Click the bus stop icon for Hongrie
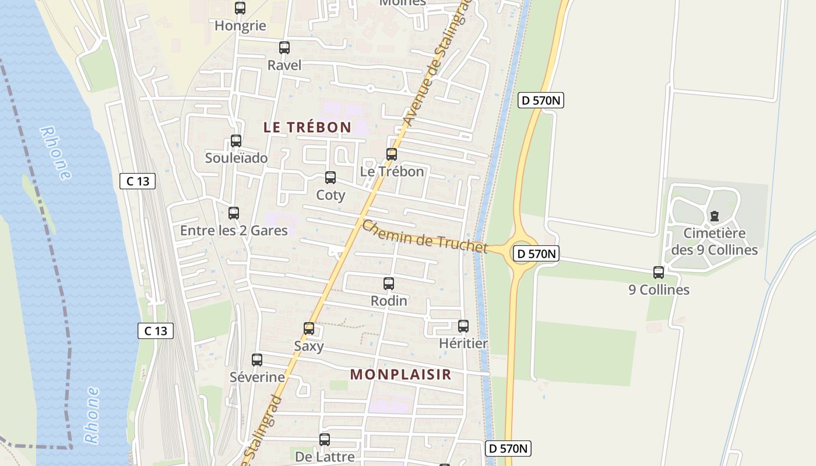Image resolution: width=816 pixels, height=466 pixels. [240, 8]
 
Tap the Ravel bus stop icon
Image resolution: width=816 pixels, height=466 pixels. [284, 48]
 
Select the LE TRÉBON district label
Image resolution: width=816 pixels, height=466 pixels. [307, 127]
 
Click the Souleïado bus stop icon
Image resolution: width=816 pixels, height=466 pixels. [236, 141]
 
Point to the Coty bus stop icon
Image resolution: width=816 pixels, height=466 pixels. [330, 178]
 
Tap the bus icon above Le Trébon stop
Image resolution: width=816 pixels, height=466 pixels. [392, 154]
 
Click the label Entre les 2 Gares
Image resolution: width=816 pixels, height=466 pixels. [234, 231]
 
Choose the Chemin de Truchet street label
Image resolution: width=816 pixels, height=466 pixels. [424, 236]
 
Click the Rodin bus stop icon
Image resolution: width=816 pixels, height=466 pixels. [389, 284]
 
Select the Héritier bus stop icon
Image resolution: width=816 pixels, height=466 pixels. [463, 326]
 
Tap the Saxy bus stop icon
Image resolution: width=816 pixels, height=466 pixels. [309, 329]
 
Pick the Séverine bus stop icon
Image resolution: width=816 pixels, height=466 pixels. [257, 360]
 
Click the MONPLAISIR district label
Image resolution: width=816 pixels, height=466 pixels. [401, 375]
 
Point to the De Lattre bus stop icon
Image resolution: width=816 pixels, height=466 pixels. [325, 440]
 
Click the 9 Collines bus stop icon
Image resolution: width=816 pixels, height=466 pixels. [659, 272]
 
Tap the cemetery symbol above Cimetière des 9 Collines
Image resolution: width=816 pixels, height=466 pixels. [715, 216]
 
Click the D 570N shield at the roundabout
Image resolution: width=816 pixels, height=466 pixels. [536, 253]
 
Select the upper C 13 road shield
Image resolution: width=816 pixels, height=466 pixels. [138, 181]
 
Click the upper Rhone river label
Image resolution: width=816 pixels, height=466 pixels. [56, 153]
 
